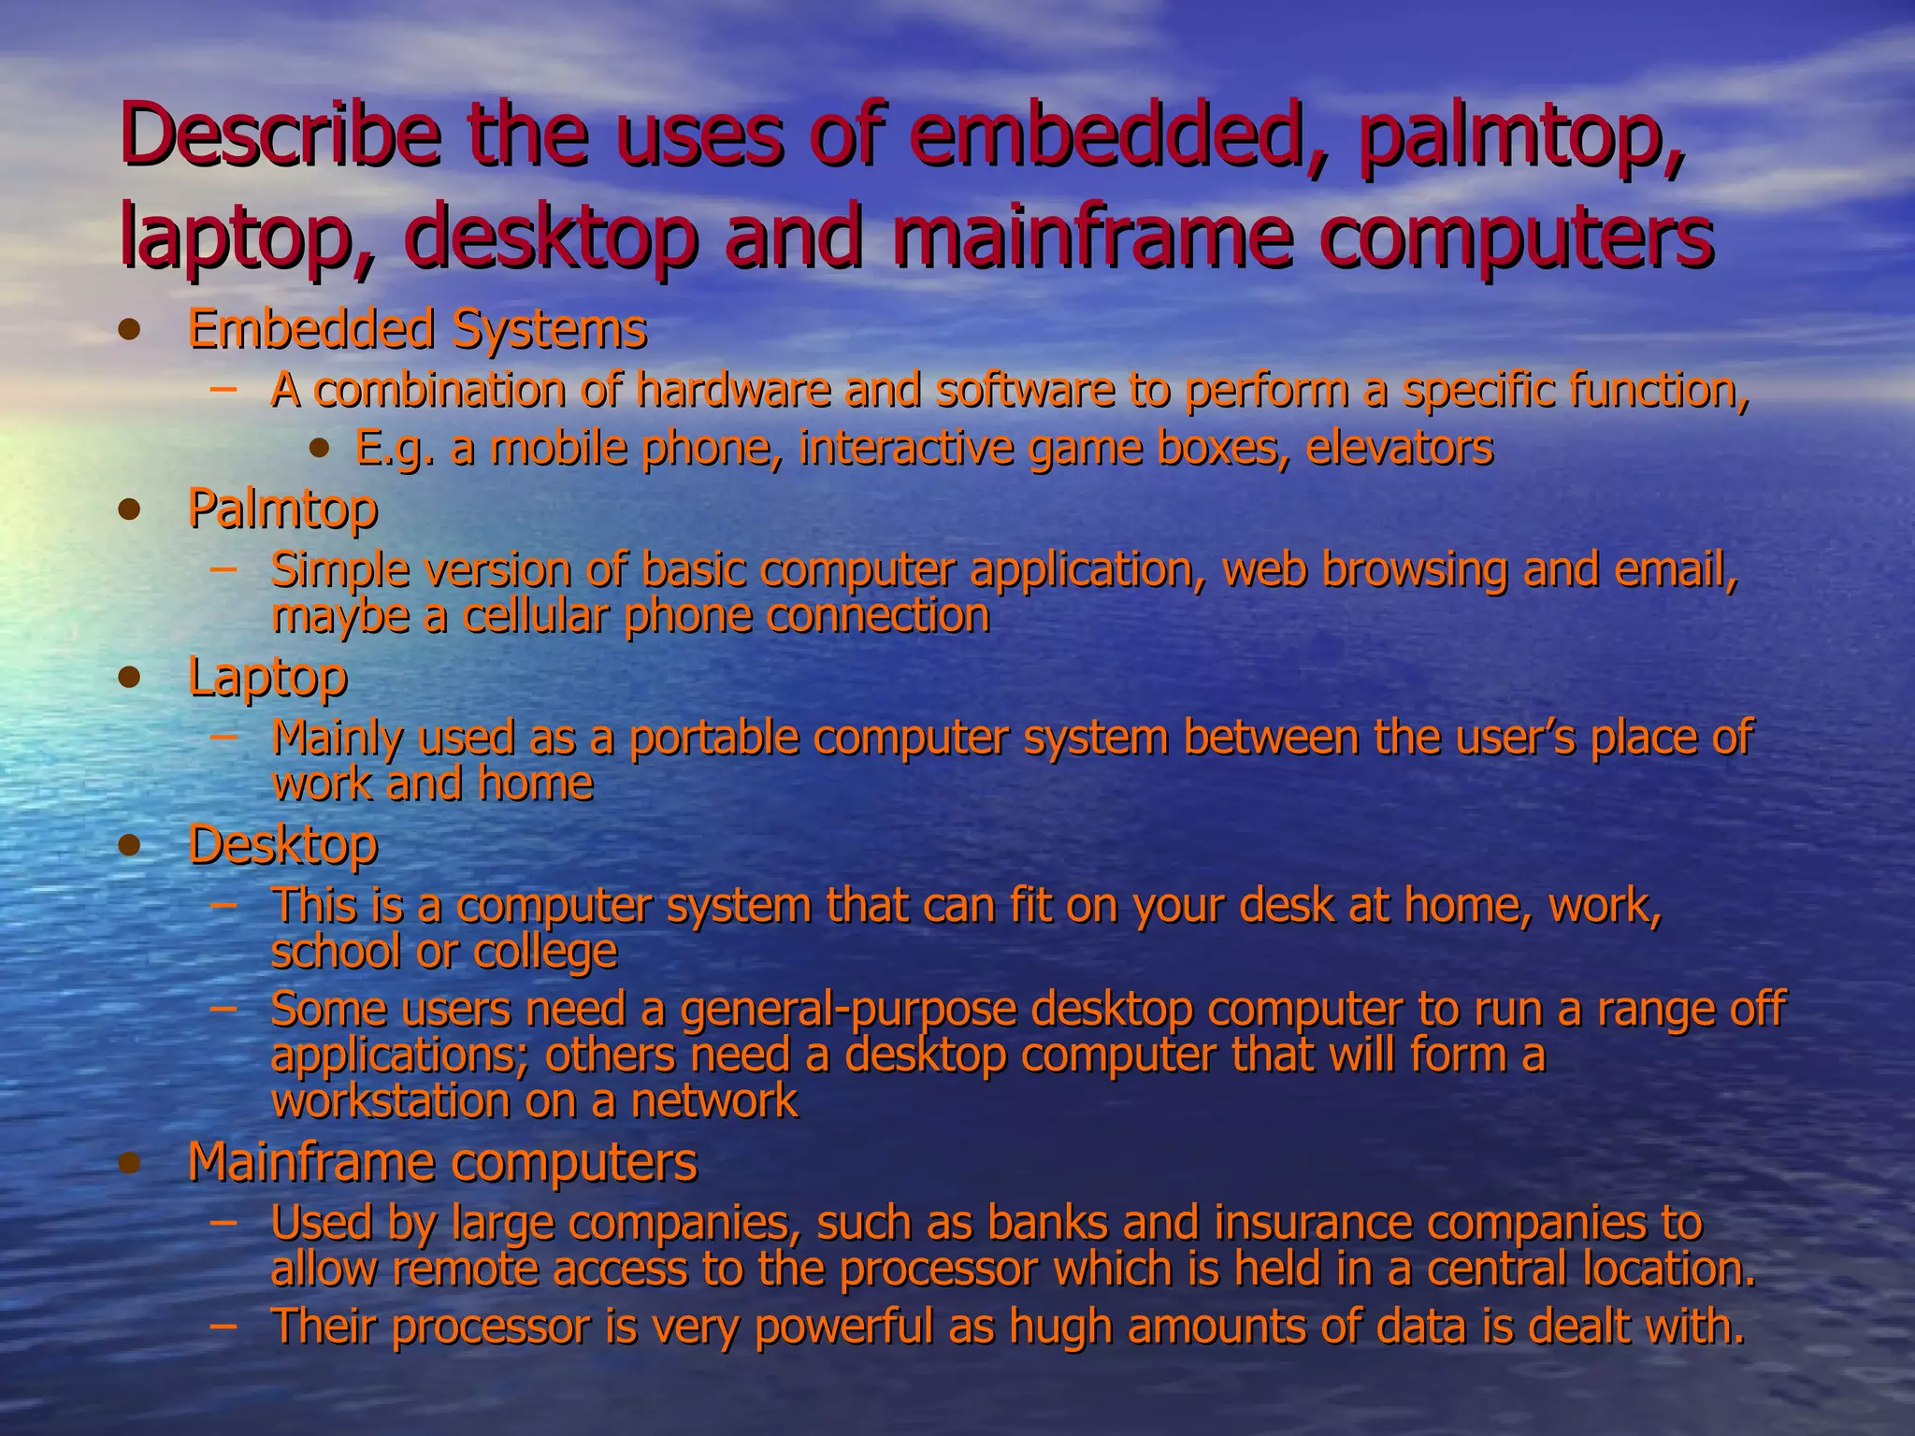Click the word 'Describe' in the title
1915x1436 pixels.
point(280,137)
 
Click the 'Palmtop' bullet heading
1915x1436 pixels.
point(282,510)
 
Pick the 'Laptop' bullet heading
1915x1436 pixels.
point(267,677)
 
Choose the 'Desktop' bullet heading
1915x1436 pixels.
point(282,845)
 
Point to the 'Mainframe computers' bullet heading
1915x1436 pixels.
point(442,1162)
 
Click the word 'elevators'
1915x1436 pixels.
point(1399,448)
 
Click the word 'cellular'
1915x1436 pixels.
point(536,616)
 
